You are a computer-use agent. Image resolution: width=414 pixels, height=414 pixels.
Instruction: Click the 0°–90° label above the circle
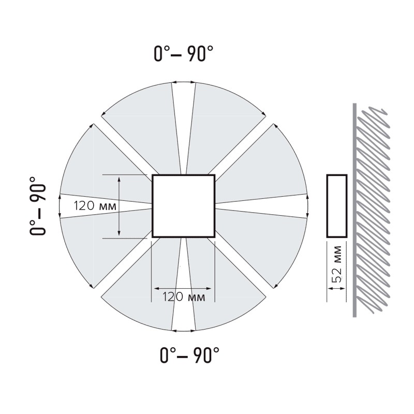pyautogui.click(x=184, y=54)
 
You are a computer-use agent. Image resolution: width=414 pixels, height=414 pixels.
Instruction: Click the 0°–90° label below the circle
pyautogui.click(x=189, y=355)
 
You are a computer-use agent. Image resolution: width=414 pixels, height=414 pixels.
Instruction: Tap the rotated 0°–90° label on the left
pyautogui.click(x=37, y=206)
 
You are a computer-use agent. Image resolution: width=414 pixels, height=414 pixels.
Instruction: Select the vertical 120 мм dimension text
pyautogui.click(x=95, y=206)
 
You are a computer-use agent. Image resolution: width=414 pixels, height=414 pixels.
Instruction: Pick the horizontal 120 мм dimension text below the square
pyautogui.click(x=184, y=297)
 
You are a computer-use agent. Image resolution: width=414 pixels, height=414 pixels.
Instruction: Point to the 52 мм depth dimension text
pyautogui.click(x=337, y=264)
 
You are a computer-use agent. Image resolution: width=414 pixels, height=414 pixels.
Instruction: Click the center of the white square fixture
pyautogui.click(x=184, y=206)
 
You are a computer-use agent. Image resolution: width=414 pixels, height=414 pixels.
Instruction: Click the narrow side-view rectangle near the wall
pyautogui.click(x=337, y=206)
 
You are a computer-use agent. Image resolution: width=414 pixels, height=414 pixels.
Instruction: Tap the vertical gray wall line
pyautogui.click(x=354, y=210)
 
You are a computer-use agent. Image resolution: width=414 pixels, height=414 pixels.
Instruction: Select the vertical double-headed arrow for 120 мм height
pyautogui.click(x=119, y=206)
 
